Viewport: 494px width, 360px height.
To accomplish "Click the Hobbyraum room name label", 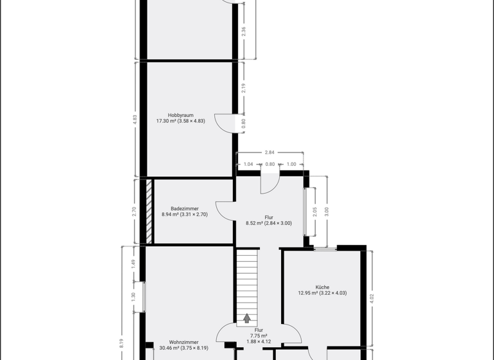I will tap(180, 115).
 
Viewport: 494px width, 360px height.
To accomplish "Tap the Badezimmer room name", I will tap(184, 208).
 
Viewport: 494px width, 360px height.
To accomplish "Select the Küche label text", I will tap(322, 287).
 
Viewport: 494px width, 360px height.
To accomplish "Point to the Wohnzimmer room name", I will tap(183, 342).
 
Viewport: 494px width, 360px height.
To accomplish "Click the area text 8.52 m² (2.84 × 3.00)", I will tap(268, 224).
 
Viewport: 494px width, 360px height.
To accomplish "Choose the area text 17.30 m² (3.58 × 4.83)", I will tap(180, 121).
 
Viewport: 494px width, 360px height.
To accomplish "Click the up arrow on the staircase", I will tap(246, 318).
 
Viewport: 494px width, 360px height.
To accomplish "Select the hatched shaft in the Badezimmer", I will tap(149, 211).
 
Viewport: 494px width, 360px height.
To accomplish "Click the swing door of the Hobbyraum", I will tap(225, 123).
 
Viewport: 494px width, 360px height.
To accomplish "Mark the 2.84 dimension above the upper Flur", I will tap(270, 152).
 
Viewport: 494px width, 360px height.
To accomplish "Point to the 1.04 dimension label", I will tap(248, 164).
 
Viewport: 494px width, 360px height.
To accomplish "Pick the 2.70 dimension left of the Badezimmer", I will tap(134, 210).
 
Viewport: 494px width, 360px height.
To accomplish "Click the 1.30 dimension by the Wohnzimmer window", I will tap(134, 296).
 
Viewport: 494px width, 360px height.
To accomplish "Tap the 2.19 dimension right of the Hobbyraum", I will tap(243, 89).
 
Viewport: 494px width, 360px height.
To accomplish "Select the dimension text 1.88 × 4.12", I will tap(259, 341).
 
